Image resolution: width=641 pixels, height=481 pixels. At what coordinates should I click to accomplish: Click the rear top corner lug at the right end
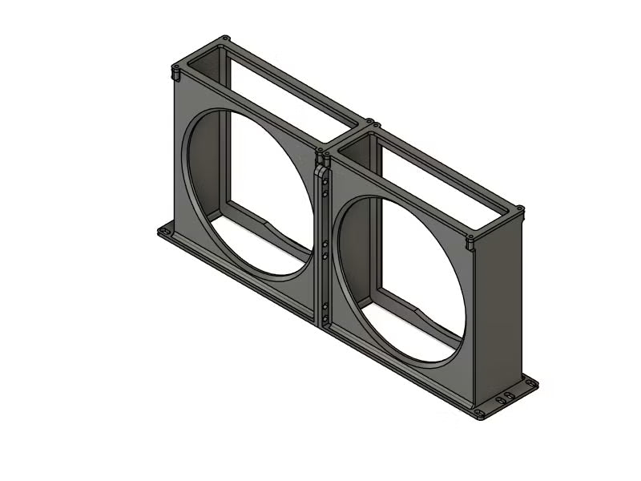point(520,210)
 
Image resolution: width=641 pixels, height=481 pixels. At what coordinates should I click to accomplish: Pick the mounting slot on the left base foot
point(166,231)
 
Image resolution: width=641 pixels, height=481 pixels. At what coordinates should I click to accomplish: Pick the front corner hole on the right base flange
point(479,414)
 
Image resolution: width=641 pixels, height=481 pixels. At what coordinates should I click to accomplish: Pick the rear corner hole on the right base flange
point(528,382)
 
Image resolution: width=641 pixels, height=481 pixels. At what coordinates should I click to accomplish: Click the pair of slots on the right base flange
point(505,398)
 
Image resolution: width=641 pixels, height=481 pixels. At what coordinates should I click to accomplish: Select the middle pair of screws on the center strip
point(325,249)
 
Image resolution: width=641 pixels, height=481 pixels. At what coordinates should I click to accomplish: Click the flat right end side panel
point(501,313)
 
